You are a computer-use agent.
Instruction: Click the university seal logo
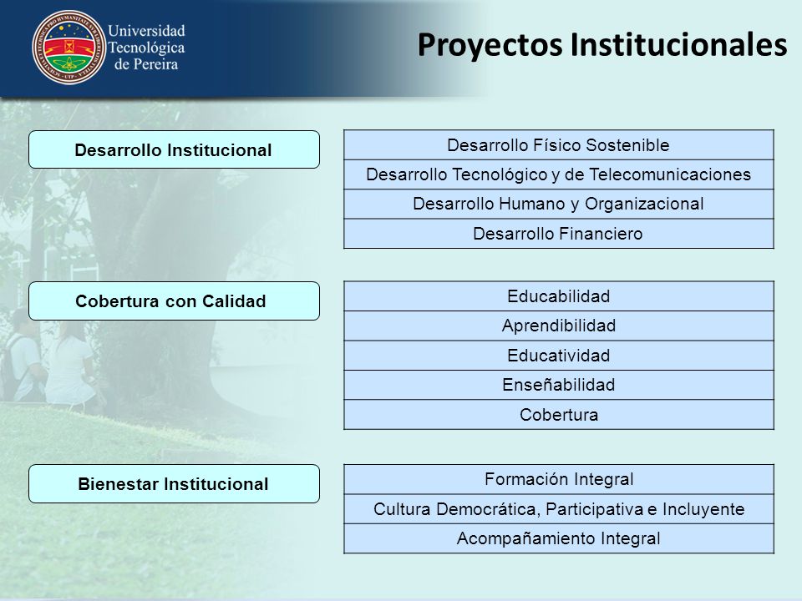pyautogui.click(x=69, y=47)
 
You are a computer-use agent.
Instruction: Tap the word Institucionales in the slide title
pyautogui.click(x=678, y=44)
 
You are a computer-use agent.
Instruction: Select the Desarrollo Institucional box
pyautogui.click(x=174, y=149)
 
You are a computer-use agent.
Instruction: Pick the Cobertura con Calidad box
pyautogui.click(x=174, y=301)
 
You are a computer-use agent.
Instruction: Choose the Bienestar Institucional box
pyautogui.click(x=174, y=483)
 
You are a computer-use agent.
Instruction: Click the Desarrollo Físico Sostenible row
pyautogui.click(x=559, y=144)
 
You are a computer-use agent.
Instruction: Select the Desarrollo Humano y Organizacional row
pyautogui.click(x=559, y=204)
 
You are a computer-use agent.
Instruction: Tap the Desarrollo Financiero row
pyautogui.click(x=559, y=234)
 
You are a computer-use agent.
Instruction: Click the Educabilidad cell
pyautogui.click(x=559, y=295)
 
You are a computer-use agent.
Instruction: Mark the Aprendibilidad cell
pyautogui.click(x=559, y=326)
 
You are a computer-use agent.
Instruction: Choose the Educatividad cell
pyautogui.click(x=559, y=356)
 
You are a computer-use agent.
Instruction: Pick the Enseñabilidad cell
pyautogui.click(x=559, y=385)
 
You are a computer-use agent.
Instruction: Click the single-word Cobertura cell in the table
pyautogui.click(x=559, y=415)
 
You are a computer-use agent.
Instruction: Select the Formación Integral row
pyautogui.click(x=559, y=479)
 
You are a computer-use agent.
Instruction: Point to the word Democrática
pyautogui.click(x=488, y=509)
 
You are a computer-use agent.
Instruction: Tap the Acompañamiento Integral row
pyautogui.click(x=559, y=538)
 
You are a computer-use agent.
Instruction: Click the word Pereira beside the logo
pyautogui.click(x=155, y=64)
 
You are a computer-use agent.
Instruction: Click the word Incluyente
pyautogui.click(x=703, y=509)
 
